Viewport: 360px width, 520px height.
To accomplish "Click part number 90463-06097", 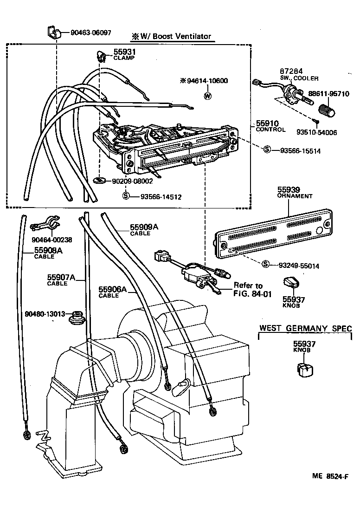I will [91, 32].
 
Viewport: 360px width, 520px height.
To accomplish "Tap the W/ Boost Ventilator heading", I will [170, 36].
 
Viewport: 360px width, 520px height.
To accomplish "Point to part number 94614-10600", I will [207, 81].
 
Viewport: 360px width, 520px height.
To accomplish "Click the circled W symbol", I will [207, 96].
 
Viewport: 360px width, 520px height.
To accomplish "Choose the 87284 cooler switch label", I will [299, 75].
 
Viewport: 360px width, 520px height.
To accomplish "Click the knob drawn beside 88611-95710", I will [328, 111].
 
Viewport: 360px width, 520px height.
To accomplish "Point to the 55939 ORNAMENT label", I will [295, 193].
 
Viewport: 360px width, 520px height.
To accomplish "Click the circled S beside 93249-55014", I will [266, 264].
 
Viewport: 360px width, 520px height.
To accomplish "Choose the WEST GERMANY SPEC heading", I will [305, 328].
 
